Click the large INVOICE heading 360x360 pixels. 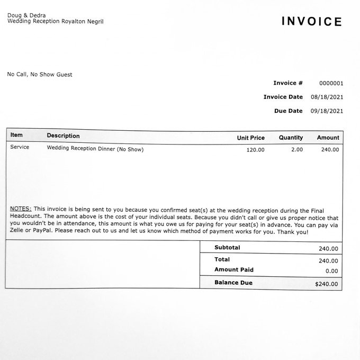[x=312, y=22]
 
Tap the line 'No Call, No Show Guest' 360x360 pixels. [x=40, y=75]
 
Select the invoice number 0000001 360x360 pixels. [x=331, y=83]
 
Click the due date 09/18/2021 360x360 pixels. [x=328, y=111]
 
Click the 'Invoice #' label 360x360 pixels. [x=288, y=83]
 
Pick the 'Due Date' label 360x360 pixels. [x=289, y=111]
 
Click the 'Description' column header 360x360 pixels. [x=63, y=136]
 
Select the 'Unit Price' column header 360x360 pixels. [x=250, y=138]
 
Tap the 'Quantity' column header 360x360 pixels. [x=291, y=138]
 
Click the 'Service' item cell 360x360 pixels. [x=20, y=147]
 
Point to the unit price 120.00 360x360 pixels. [x=255, y=150]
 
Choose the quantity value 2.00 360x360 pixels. [x=297, y=150]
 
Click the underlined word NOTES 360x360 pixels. [x=21, y=209]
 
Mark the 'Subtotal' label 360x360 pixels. [x=227, y=248]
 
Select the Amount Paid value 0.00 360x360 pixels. [x=331, y=271]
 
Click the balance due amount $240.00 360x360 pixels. [x=327, y=284]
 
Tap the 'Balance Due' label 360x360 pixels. [x=233, y=283]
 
